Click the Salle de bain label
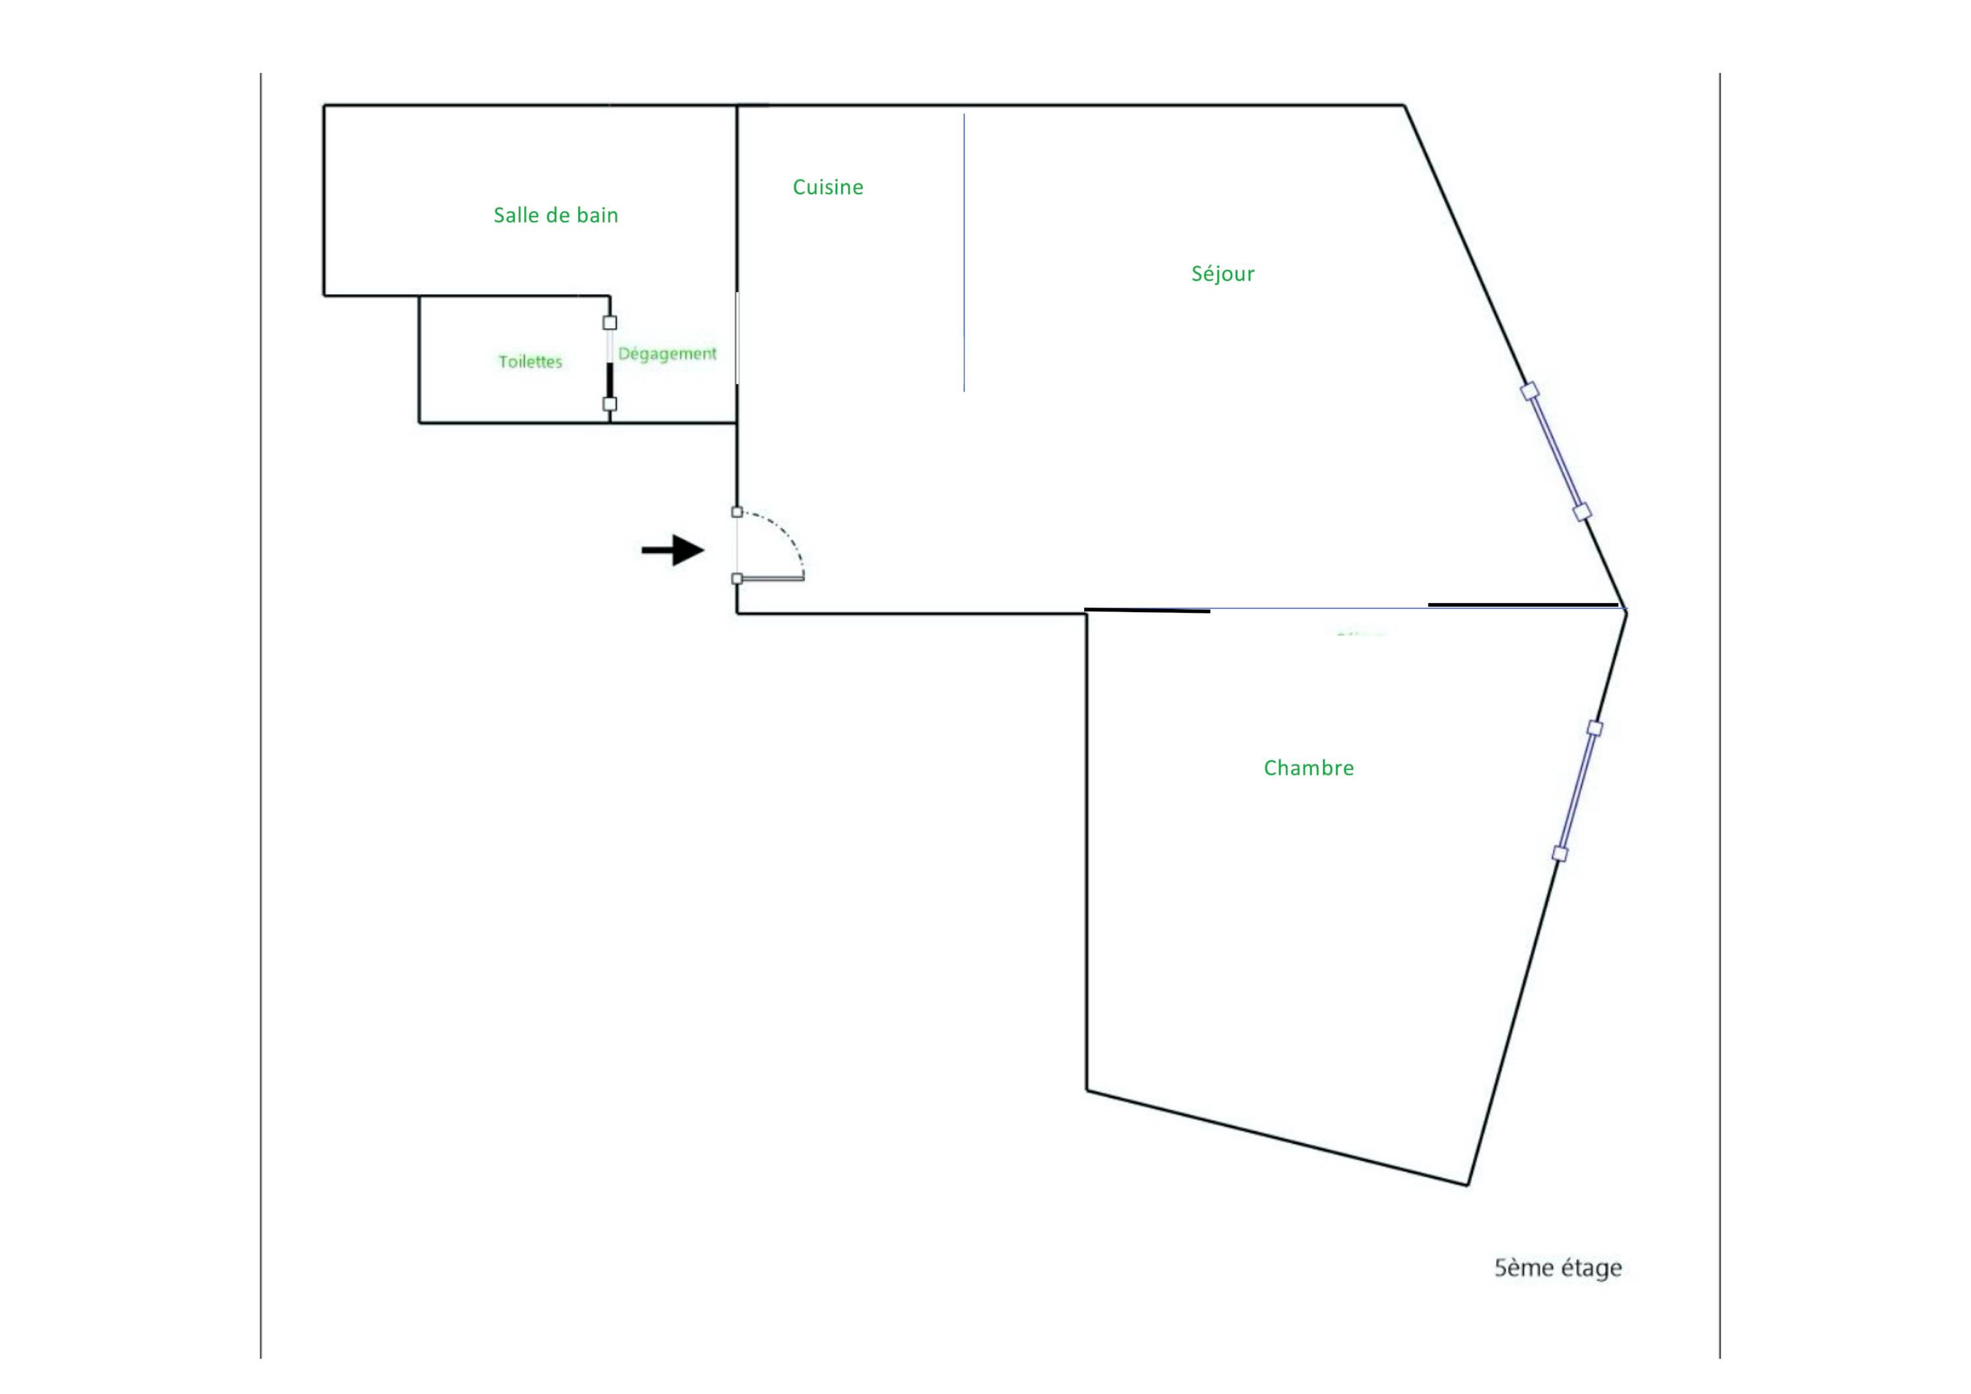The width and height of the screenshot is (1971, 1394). click(x=555, y=215)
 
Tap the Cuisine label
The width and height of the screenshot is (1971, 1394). click(x=828, y=187)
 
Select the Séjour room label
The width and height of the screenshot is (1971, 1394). click(x=1223, y=274)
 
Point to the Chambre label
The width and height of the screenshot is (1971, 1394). click(x=1308, y=768)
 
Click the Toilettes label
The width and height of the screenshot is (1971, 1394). click(x=530, y=362)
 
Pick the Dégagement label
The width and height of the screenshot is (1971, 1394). click(x=667, y=354)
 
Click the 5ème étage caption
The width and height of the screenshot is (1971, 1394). click(x=1558, y=1268)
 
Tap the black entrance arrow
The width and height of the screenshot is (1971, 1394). click(x=673, y=550)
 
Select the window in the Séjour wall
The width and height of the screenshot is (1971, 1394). click(x=1556, y=452)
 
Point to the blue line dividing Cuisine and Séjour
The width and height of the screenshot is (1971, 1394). click(x=964, y=252)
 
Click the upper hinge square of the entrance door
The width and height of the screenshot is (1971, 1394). click(x=736, y=512)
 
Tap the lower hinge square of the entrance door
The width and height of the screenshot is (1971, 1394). click(x=736, y=579)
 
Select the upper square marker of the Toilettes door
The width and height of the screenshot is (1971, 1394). click(x=610, y=323)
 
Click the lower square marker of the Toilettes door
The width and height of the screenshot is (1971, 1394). click(x=610, y=404)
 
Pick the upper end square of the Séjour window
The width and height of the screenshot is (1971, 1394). click(x=1529, y=392)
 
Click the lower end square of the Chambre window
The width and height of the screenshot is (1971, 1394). click(x=1560, y=853)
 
